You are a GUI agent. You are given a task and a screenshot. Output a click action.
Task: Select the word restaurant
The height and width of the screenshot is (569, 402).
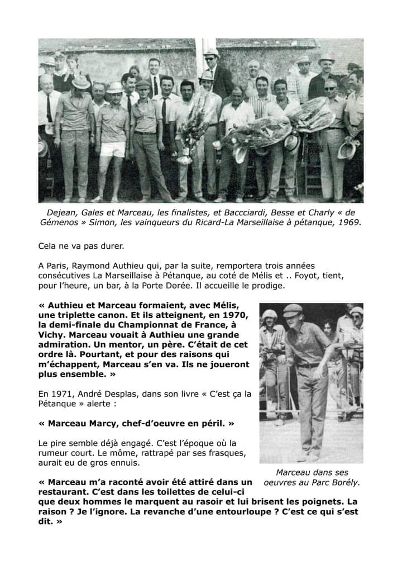pos(63,491)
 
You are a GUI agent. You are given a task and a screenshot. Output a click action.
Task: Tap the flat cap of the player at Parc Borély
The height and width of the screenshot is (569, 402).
pos(292,308)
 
